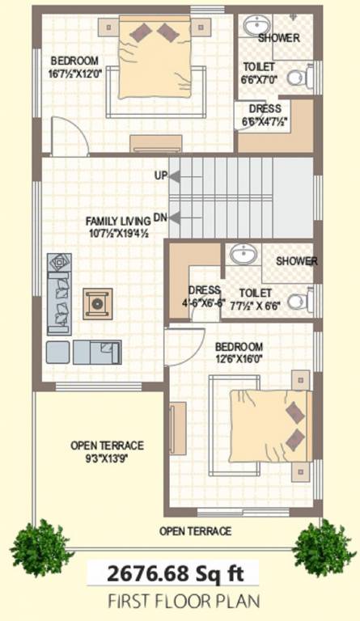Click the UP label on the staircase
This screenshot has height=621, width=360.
pos(160,175)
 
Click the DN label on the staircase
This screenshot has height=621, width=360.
pos(160,217)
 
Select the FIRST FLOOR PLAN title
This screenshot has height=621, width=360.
pos(173,602)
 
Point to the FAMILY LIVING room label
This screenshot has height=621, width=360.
pos(118,220)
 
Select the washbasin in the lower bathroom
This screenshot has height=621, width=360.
pos(242,254)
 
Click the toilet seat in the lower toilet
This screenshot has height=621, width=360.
pos(298,302)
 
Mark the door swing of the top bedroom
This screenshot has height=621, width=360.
pos(68,136)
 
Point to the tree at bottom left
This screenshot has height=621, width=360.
pos(41,547)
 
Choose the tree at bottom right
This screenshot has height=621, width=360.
pos(324,547)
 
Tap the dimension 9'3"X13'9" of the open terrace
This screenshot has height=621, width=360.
pos(107,458)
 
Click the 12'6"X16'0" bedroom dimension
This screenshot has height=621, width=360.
pos(240,359)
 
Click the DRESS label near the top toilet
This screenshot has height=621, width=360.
pos(265,108)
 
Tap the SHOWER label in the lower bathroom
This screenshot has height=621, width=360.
pos(296,261)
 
